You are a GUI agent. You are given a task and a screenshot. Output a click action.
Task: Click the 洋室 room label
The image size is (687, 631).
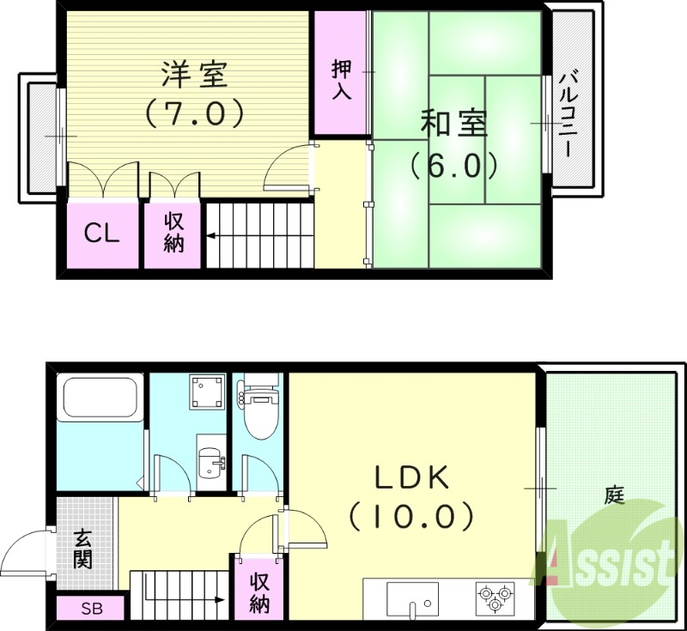(194, 75)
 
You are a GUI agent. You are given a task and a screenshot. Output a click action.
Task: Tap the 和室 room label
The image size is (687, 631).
(453, 124)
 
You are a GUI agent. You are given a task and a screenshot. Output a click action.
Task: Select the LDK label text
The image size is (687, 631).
(411, 477)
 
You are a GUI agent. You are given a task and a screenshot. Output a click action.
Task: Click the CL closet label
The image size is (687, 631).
(103, 234)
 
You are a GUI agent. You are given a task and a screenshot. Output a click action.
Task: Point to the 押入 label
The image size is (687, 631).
(342, 80)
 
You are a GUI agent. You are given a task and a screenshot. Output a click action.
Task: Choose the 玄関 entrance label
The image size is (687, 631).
(83, 550)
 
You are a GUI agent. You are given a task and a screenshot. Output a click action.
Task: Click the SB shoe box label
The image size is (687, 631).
(90, 610)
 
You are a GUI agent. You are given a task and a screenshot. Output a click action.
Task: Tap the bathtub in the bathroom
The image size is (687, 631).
(100, 399)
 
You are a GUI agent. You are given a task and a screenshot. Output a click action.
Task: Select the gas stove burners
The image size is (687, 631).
(495, 597)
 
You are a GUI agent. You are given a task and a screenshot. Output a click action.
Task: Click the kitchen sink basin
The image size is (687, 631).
(412, 595)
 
